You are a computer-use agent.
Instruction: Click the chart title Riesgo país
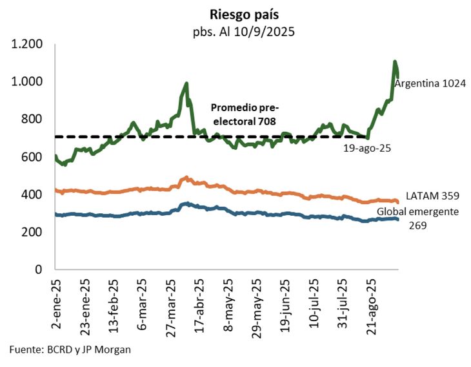point(235,14)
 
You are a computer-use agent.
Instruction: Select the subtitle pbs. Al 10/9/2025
point(235,31)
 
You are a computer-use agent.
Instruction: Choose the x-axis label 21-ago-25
point(371,302)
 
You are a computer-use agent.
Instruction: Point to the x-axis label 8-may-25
point(228,301)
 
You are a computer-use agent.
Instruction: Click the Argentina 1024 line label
point(430,85)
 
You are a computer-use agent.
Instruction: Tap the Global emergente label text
point(417,212)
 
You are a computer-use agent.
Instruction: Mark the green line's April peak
point(186,83)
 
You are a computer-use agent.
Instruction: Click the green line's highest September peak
point(395,62)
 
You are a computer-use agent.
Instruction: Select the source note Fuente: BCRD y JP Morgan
point(70,350)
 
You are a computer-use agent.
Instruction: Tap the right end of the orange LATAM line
point(397,202)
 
